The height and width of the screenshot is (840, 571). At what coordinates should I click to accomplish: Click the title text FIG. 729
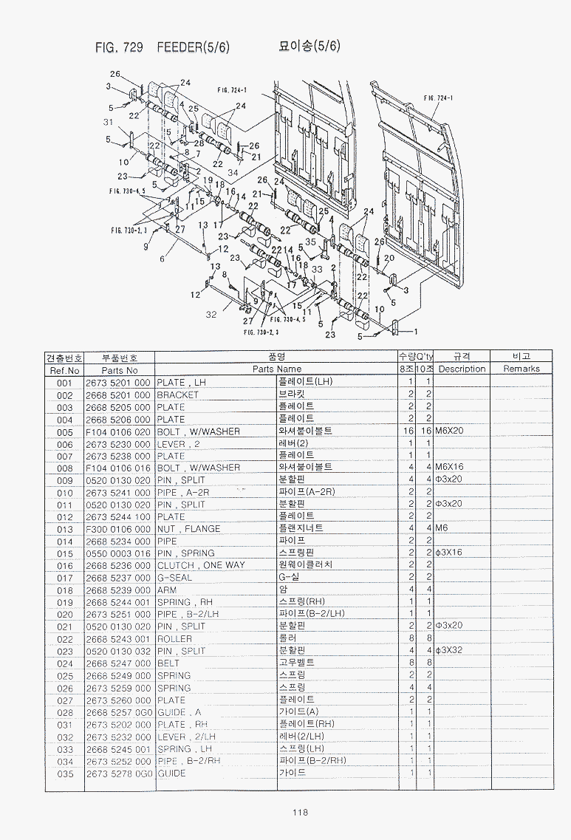coord(118,47)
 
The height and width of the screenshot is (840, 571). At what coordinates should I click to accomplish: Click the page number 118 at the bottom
coord(299,813)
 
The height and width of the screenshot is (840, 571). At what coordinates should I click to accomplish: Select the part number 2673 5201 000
coord(117,383)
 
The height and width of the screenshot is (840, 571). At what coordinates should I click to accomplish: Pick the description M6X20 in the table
coord(449,431)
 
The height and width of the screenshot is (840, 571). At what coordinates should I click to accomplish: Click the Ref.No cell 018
coord(64,590)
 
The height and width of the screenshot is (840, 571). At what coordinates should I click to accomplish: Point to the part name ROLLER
coord(174,639)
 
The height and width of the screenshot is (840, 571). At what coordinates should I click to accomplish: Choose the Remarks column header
coord(522,369)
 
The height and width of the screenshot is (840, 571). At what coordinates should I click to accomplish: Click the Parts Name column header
coord(277,369)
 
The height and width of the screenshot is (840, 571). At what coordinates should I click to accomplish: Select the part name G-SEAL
coord(174,578)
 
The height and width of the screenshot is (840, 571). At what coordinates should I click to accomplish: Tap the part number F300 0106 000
coord(117,529)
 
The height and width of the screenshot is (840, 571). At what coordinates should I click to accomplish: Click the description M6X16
coord(449,468)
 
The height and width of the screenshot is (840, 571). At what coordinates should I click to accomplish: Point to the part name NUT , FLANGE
coord(188,529)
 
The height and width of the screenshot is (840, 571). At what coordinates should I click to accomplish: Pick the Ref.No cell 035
coord(64,774)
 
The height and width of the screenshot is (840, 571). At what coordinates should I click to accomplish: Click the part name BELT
coord(168,663)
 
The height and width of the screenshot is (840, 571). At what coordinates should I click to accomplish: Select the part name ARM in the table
coord(166,590)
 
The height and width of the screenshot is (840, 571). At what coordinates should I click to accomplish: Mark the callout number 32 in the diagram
coord(211,315)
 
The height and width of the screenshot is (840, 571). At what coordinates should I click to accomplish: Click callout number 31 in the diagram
coord(109,122)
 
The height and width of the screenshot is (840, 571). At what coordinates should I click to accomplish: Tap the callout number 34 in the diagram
coord(233,172)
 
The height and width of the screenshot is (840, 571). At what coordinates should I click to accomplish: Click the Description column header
coord(462,369)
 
